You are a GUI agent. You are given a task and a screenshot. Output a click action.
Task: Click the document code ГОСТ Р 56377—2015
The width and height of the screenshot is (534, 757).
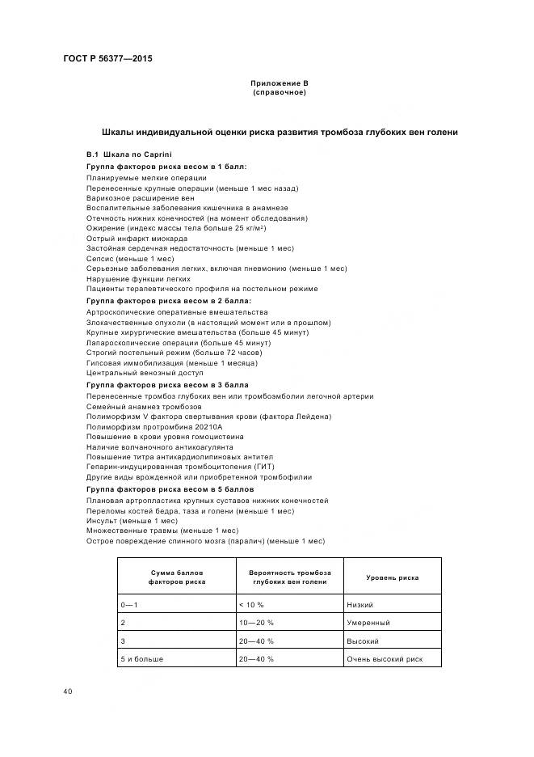107,60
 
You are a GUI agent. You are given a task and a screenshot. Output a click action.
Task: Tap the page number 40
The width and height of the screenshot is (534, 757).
67,691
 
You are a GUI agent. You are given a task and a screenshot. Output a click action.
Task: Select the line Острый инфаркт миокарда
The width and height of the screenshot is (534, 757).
132,238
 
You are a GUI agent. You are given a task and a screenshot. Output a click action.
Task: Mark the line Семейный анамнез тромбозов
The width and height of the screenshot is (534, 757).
138,406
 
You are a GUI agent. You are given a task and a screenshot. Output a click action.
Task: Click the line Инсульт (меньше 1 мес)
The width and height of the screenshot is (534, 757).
132,521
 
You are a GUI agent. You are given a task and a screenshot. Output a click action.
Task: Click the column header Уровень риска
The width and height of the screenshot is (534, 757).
392,578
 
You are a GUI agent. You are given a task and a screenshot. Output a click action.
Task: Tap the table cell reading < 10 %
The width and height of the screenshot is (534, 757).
252,605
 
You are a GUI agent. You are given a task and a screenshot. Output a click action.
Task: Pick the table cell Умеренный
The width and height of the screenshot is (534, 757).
368,623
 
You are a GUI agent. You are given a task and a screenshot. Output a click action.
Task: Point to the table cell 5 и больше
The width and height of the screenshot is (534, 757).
141,659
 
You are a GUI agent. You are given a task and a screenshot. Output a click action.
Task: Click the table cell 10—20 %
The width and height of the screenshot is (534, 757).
256,623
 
